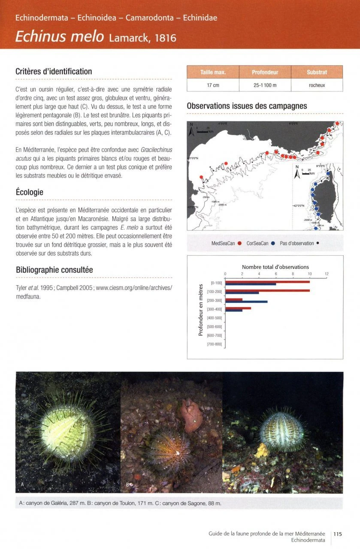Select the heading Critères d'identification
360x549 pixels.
54,71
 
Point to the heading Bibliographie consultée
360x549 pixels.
54,270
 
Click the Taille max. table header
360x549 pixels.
213,72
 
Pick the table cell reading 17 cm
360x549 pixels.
213,85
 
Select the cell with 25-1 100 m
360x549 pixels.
265,85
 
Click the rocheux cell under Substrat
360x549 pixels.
317,85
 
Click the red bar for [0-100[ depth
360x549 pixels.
267,282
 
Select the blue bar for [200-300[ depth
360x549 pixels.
246,302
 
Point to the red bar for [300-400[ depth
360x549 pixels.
238,308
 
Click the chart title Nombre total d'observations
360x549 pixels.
275,267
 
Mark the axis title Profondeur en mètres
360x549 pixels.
201,310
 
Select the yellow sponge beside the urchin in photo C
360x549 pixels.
261,450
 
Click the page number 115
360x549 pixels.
337,534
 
